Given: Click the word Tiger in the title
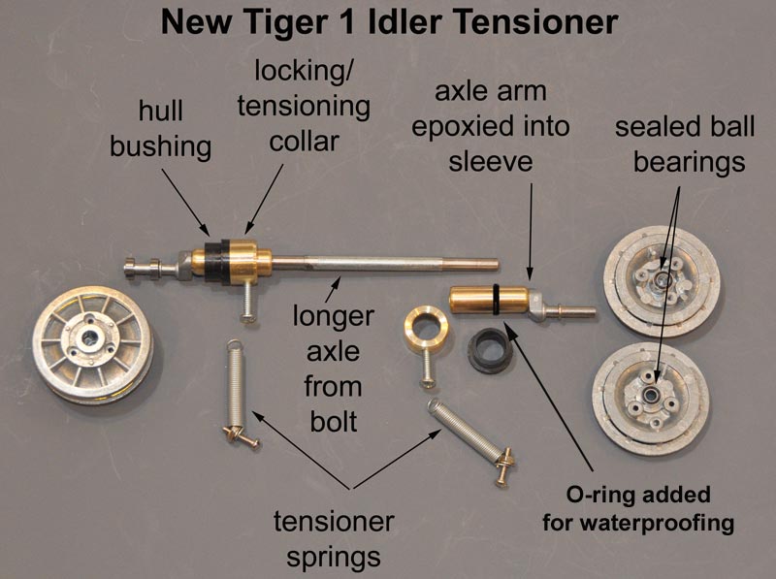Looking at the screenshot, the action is pyautogui.click(x=285, y=23).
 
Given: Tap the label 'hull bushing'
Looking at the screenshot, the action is pyautogui.click(x=161, y=129).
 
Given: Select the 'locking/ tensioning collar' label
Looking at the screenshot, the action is pyautogui.click(x=304, y=107).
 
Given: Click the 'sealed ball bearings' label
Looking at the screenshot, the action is pyautogui.click(x=685, y=145).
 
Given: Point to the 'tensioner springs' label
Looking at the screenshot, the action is pyautogui.click(x=334, y=539).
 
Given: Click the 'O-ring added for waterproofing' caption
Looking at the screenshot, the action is pyautogui.click(x=638, y=509).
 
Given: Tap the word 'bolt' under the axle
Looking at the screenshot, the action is pyautogui.click(x=334, y=422).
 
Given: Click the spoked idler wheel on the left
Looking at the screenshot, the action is pyautogui.click(x=92, y=344).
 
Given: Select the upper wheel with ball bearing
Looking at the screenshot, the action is pyautogui.click(x=662, y=280).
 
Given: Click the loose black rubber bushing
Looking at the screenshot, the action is pyautogui.click(x=490, y=350).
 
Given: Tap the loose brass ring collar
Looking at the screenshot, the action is pyautogui.click(x=426, y=327).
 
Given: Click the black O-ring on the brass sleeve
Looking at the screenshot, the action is pyautogui.click(x=497, y=299).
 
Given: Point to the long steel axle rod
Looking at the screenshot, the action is pyautogui.click(x=385, y=263).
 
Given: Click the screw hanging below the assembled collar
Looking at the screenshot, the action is pyautogui.click(x=247, y=303).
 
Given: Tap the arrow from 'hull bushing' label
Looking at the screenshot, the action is pyautogui.click(x=185, y=202).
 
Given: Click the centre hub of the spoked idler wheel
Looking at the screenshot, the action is pyautogui.click(x=89, y=338).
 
